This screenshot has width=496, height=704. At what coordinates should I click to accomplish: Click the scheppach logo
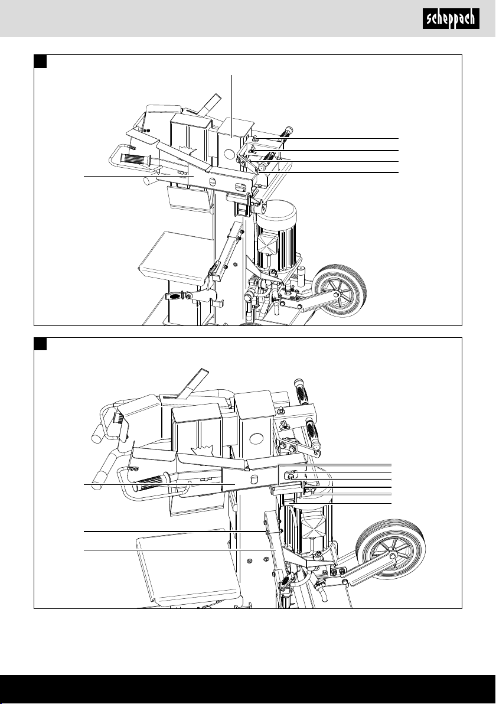pyautogui.click(x=451, y=19)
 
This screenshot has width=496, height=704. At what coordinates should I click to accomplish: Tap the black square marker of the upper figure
pyautogui.click(x=41, y=61)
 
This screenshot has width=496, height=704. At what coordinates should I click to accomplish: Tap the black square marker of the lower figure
pyautogui.click(x=41, y=344)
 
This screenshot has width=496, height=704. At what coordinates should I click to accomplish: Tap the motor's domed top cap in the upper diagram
pyautogui.click(x=277, y=208)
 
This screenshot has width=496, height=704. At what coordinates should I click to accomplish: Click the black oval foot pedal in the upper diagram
pyautogui.click(x=174, y=296)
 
